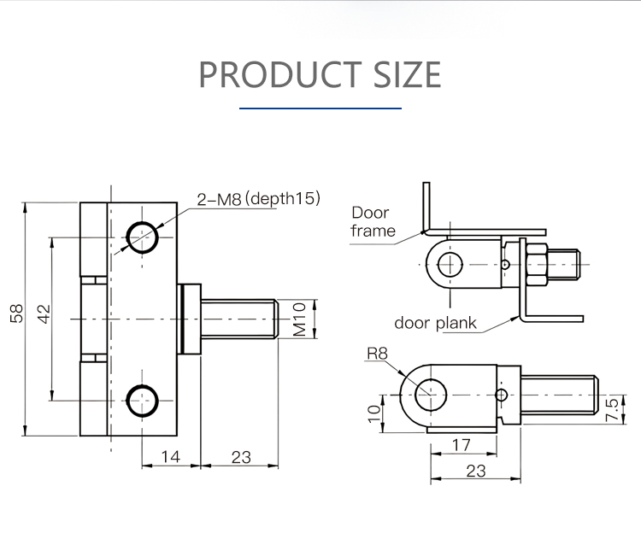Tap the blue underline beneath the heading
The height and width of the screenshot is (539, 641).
[320, 108]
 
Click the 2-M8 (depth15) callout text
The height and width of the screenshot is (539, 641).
[257, 199]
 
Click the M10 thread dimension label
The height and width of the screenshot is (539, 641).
[300, 318]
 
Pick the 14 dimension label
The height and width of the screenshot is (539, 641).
[171, 457]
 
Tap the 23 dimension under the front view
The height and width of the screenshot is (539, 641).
[241, 457]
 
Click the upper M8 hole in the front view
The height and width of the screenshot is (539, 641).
[142, 237]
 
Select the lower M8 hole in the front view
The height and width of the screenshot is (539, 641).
[142, 399]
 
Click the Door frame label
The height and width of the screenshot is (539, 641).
[372, 221]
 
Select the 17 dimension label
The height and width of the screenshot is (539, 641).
[461, 444]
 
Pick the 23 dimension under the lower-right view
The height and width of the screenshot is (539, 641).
[476, 471]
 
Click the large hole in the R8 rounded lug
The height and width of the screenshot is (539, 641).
[432, 394]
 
